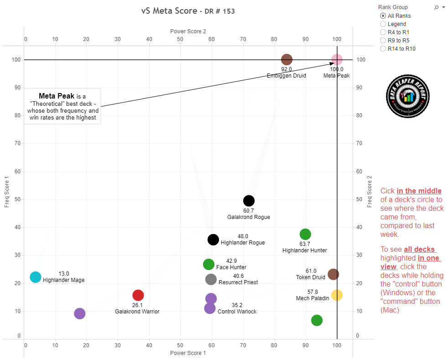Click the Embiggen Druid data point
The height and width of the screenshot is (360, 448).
point(287,59)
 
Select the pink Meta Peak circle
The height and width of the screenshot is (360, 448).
point(337,59)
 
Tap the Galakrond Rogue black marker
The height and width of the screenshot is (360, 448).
point(249,201)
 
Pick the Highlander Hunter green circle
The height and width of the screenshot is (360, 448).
point(305,234)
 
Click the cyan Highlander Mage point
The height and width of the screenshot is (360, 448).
point(36,277)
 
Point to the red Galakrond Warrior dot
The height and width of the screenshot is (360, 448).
point(138,295)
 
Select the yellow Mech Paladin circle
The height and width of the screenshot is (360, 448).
point(337,295)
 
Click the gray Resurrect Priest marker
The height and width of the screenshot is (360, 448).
point(211,279)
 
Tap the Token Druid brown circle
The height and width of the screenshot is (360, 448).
point(333,274)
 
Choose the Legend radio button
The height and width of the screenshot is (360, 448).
point(383,24)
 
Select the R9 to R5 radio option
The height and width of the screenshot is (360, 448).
point(383,41)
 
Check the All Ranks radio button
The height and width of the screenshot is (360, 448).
point(383,16)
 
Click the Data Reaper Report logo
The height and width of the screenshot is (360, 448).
point(408,96)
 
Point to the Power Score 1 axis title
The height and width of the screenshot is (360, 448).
point(188,353)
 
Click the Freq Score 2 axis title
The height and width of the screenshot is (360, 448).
point(370,192)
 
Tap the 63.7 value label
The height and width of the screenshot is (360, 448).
point(305,244)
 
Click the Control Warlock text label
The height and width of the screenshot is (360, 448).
point(237,312)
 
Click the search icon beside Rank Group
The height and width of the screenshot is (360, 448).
point(436,7)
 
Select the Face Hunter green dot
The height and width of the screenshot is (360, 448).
point(208,264)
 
